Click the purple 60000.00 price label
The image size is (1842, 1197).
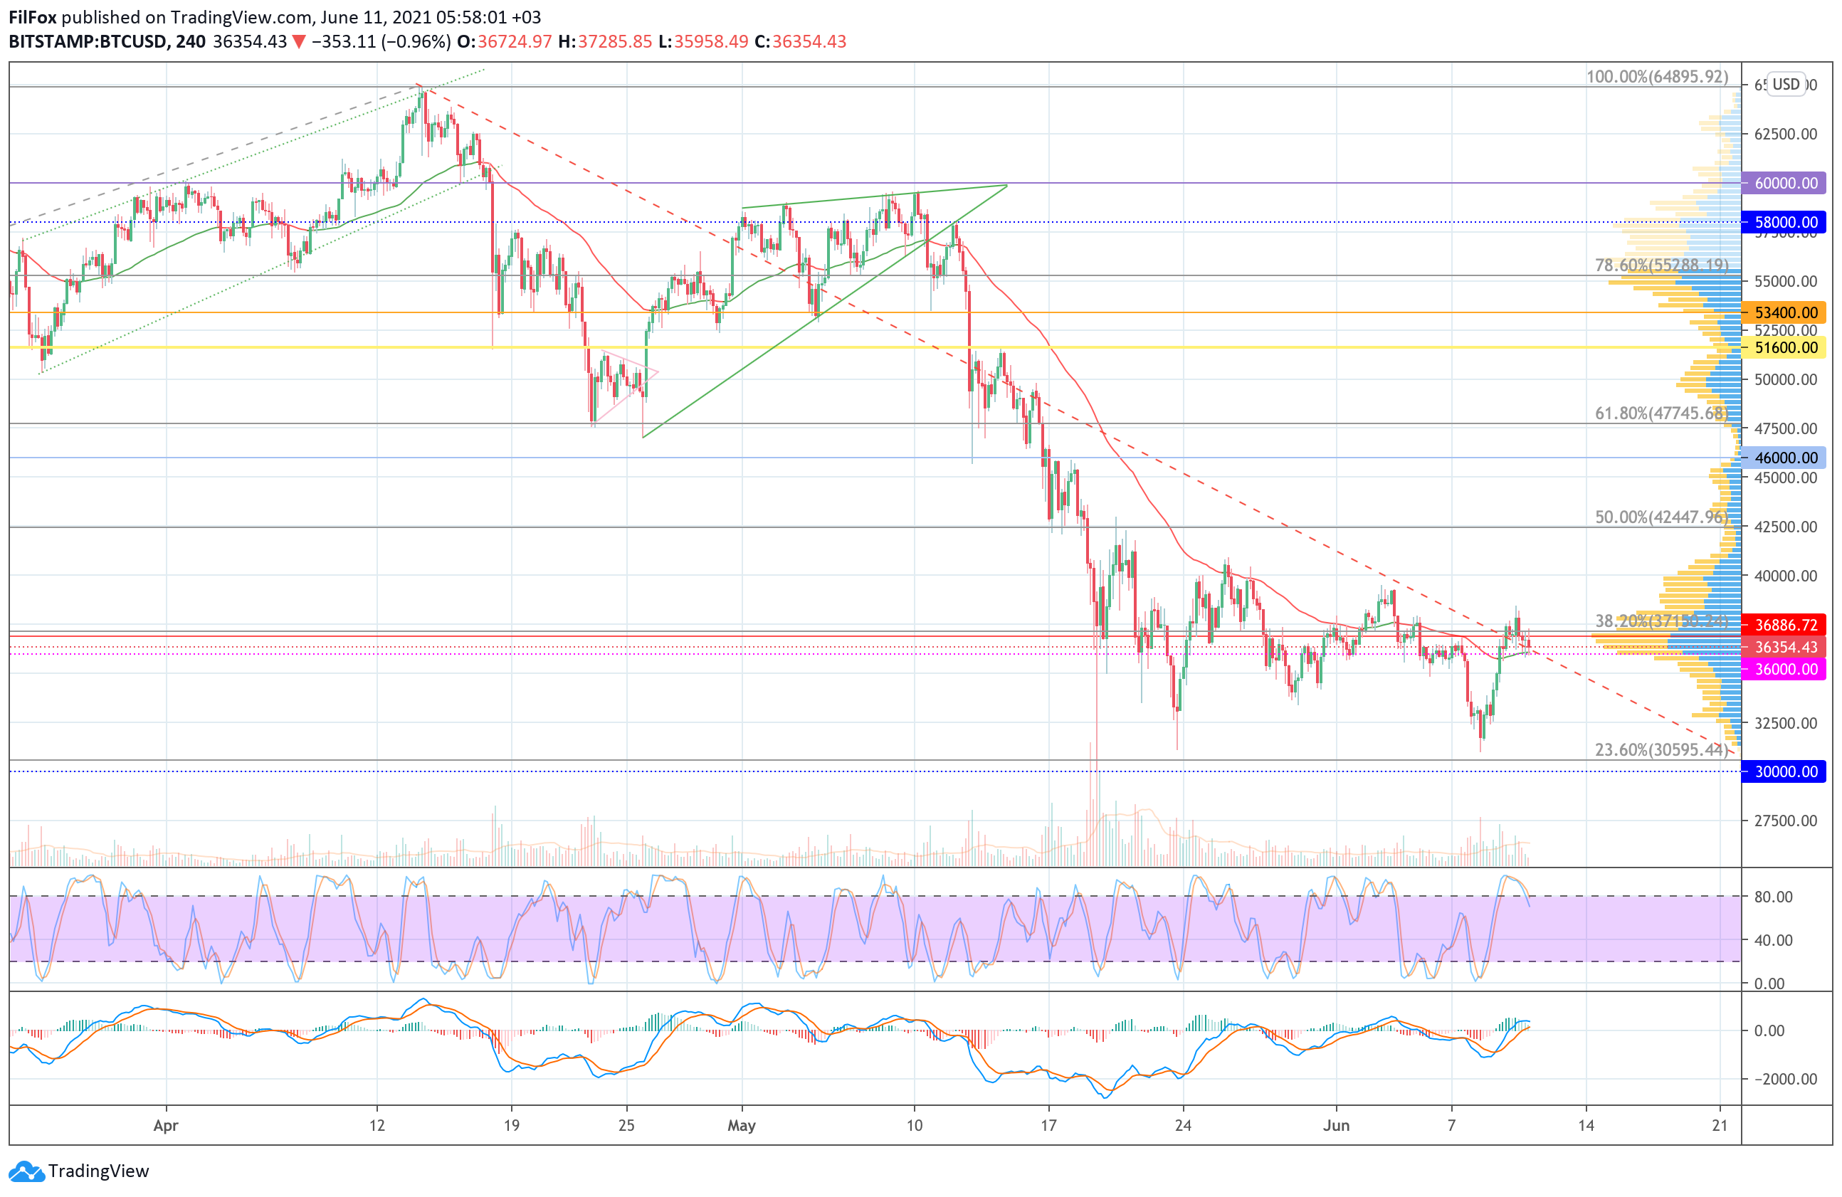coord(1786,184)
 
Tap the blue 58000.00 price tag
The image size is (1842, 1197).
coord(1786,222)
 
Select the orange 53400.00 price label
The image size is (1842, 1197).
coord(1786,312)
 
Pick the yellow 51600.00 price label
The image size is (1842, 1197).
coord(1786,347)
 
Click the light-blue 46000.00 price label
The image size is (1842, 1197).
coord(1786,458)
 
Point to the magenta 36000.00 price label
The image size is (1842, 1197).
coord(1786,668)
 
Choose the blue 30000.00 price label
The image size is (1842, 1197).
coord(1786,771)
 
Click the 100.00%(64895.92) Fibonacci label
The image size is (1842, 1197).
coord(1656,77)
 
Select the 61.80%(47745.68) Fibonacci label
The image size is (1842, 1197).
coord(1661,413)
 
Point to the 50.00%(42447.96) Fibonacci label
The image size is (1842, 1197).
coord(1661,517)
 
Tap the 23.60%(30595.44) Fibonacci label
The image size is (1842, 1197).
coord(1661,750)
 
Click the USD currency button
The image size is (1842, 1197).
coord(1786,85)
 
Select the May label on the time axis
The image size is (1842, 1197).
coord(742,1125)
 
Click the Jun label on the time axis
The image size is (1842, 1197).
coord(1336,1125)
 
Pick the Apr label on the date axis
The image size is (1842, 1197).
coord(166,1125)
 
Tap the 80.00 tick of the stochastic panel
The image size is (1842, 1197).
coord(1773,897)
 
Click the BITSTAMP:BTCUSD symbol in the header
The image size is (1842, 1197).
coord(88,42)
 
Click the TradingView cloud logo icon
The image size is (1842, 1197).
coord(27,1171)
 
